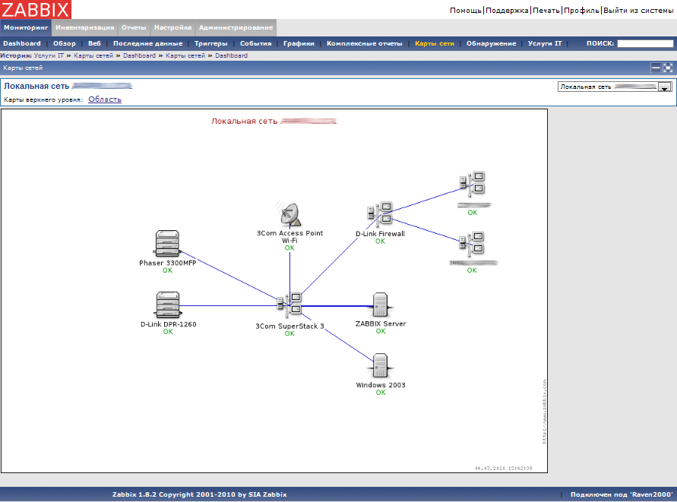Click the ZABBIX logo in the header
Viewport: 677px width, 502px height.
tap(36, 10)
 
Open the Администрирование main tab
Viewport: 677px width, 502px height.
tap(236, 27)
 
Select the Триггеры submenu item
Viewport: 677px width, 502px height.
tap(210, 43)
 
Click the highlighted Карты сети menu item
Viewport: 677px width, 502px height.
tap(435, 43)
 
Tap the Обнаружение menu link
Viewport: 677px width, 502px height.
tap(491, 43)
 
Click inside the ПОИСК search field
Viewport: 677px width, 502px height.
tap(644, 43)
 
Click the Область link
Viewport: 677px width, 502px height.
tap(105, 99)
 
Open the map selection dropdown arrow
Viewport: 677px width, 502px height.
tap(665, 87)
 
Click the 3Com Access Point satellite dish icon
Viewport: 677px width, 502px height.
tap(289, 215)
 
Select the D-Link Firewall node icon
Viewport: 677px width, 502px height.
tap(380, 214)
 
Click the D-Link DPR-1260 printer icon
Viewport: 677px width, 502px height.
tap(167, 305)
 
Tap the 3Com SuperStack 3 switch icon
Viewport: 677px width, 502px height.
tap(289, 305)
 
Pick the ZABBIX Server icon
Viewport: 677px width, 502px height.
tap(381, 305)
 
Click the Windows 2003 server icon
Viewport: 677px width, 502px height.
tap(381, 366)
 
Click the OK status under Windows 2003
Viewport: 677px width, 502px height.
tap(381, 393)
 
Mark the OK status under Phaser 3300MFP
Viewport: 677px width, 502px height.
tap(167, 270)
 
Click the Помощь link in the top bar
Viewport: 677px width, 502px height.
tap(465, 10)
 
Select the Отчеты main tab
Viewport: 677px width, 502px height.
tap(134, 27)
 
